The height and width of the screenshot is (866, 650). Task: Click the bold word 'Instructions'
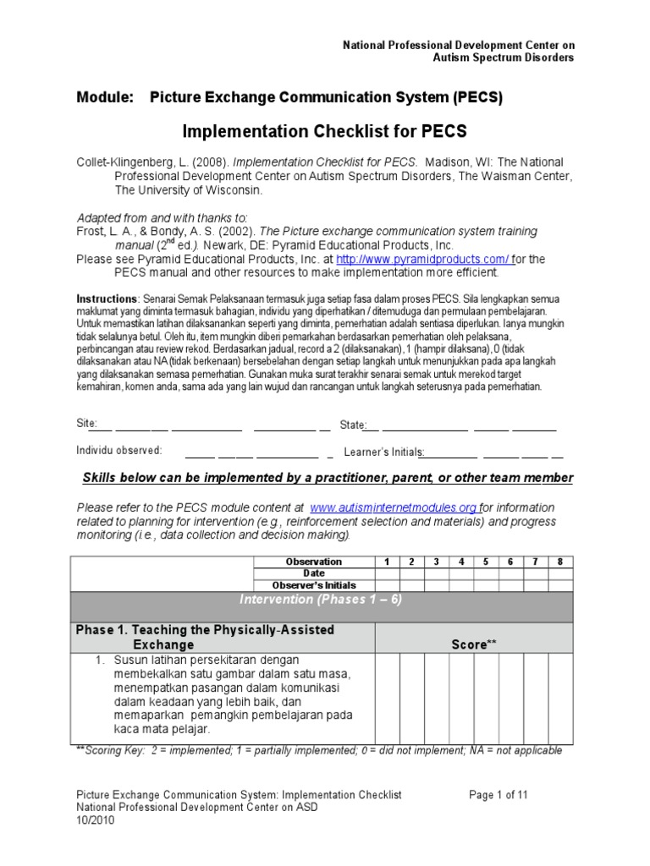tap(107, 299)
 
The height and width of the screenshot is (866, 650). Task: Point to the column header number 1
tap(387, 562)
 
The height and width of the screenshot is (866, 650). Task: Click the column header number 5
tap(486, 562)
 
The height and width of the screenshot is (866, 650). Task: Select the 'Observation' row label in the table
tap(313, 562)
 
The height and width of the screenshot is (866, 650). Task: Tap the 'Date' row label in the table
tap(313, 573)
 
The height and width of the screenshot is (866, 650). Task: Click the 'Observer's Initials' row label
tap(313, 585)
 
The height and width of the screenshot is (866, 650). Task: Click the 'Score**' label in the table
tap(473, 644)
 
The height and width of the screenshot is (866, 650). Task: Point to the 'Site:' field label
tap(87, 424)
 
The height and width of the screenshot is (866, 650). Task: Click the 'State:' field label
tap(353, 425)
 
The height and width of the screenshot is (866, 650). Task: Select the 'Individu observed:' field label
tap(118, 450)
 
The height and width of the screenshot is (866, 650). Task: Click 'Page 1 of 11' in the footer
tap(499, 795)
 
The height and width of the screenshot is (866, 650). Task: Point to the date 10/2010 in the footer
tap(95, 819)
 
